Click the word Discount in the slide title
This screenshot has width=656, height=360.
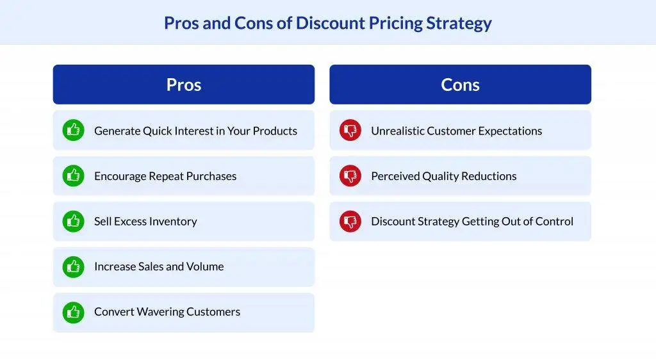coord(330,23)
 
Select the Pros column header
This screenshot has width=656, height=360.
coord(184,85)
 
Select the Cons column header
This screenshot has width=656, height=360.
coord(460,85)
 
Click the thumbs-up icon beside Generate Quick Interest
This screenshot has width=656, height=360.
coord(73,131)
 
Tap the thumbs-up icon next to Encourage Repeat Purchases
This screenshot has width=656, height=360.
coord(73,176)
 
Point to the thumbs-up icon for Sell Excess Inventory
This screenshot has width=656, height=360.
coord(73,221)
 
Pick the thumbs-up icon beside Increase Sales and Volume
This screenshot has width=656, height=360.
coord(73,266)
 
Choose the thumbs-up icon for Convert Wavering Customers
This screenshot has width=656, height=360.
coord(73,312)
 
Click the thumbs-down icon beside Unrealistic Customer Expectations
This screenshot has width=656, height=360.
coord(350,131)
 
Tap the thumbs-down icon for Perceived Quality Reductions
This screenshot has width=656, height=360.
coord(350,176)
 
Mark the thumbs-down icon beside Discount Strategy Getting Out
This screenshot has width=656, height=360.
coord(350,221)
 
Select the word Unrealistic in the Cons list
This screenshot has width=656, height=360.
coord(397,131)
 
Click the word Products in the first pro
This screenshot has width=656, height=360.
coord(275,131)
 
